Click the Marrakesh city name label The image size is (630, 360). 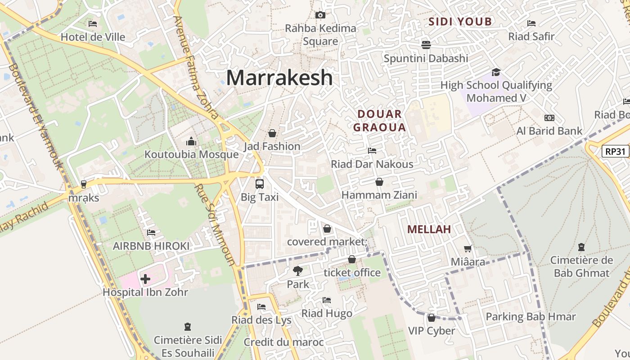tap(279, 77)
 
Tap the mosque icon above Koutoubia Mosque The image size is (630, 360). tap(191, 142)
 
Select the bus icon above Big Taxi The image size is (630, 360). tap(260, 184)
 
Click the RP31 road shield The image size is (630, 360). tap(615, 151)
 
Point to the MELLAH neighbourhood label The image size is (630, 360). tap(429, 229)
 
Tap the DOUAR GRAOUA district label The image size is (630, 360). tap(379, 121)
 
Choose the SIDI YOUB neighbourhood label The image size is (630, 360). tap(460, 22)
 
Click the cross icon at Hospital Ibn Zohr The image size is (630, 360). tap(145, 279)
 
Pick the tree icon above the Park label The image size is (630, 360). tap(297, 271)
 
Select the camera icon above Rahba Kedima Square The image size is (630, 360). tap(320, 15)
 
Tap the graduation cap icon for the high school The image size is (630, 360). tap(496, 72)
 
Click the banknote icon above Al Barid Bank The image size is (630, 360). tap(549, 118)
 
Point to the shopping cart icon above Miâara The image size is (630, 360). tap(468, 248)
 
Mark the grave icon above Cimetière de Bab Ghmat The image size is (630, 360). tap(581, 247)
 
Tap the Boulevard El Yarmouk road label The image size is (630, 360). tap(36, 117)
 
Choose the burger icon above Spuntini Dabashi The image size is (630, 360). tap(426, 45)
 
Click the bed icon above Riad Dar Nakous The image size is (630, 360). tap(372, 150)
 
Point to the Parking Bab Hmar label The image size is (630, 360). tap(531, 317)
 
